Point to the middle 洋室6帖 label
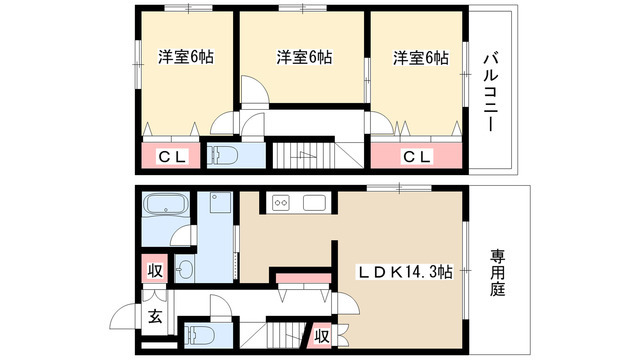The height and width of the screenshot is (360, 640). coord(304,56)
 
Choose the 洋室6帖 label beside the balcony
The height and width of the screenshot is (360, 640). coord(420,56)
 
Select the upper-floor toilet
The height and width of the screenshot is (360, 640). coord(222,156)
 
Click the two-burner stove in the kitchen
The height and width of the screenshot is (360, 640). coord(280,204)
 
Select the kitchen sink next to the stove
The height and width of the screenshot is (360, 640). coord(314,204)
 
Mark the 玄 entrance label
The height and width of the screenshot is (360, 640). coord(156,318)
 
